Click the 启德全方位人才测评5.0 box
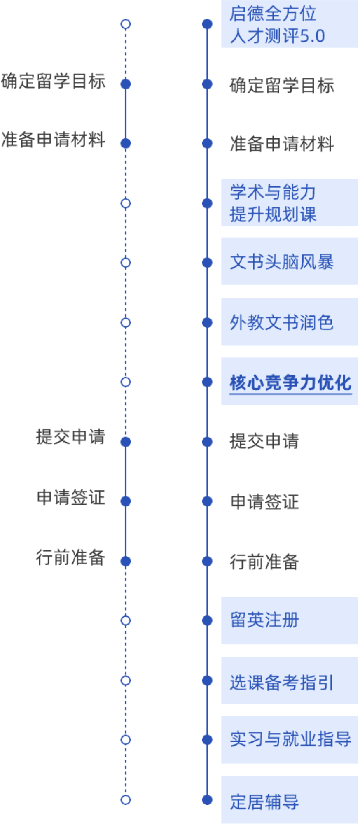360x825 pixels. tap(289, 25)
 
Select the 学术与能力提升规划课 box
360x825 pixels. tap(289, 203)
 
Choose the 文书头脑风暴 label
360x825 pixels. tap(282, 262)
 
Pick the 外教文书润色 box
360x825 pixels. tap(289, 322)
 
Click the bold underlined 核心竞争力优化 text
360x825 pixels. tap(290, 382)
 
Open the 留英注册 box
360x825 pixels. tap(289, 620)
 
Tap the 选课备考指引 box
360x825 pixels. tap(289, 681)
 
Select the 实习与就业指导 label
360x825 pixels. tap(290, 740)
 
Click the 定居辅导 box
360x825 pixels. tap(289, 800)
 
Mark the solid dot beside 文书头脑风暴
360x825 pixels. tap(207, 263)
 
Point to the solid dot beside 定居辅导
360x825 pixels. tap(207, 800)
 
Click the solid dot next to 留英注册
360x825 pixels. tap(207, 620)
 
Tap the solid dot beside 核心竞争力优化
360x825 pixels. tap(207, 382)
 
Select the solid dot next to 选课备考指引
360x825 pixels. tap(207, 681)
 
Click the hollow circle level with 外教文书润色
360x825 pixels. tap(126, 322)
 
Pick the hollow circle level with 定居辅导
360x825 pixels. tap(126, 800)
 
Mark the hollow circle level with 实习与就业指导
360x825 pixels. tap(126, 740)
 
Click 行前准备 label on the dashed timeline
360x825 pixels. tap(70, 557)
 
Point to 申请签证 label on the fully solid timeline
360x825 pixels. tap(264, 502)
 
